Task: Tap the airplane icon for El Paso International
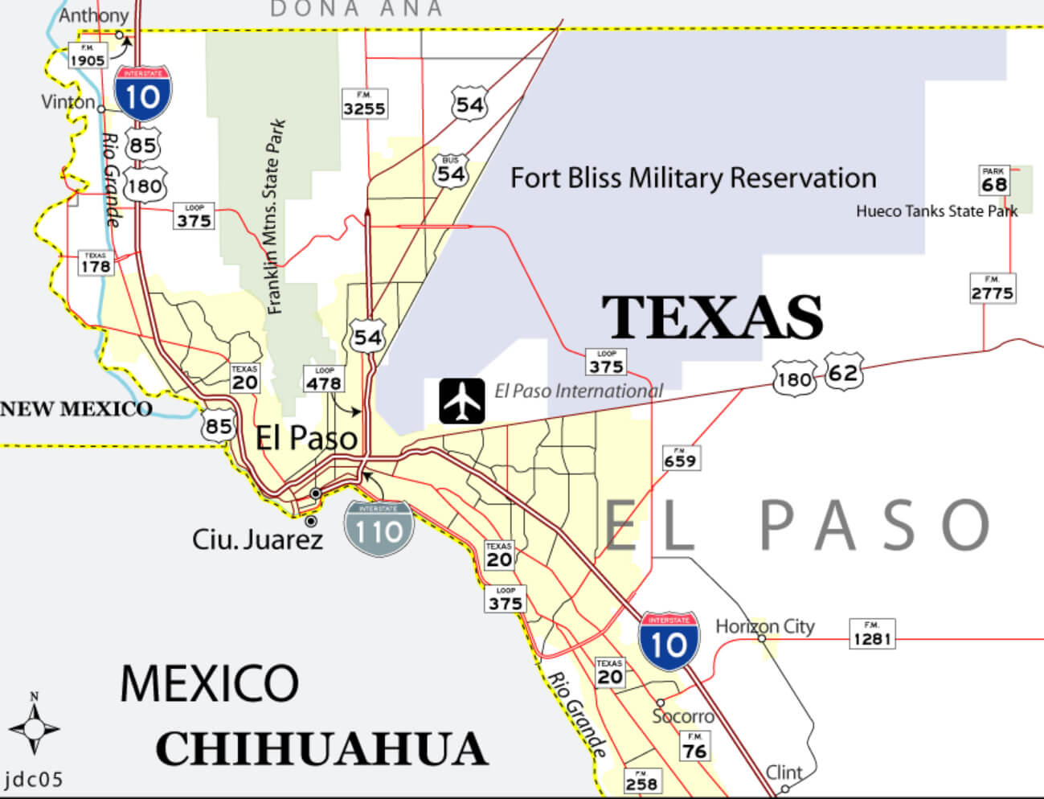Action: point(462,400)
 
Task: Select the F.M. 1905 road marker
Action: point(87,55)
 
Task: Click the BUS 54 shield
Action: point(450,171)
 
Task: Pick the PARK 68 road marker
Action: point(994,181)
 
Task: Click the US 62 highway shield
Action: point(843,372)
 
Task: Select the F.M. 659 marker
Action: point(681,458)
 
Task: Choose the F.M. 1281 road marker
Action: point(872,634)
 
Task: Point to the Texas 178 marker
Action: point(95,263)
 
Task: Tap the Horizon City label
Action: point(764,626)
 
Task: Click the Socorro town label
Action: point(683,716)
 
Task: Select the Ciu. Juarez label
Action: point(257,539)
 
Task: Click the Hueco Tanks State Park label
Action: point(936,211)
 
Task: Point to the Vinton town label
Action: point(68,102)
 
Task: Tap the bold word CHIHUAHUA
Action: point(321,749)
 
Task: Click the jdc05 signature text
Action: point(34,779)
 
